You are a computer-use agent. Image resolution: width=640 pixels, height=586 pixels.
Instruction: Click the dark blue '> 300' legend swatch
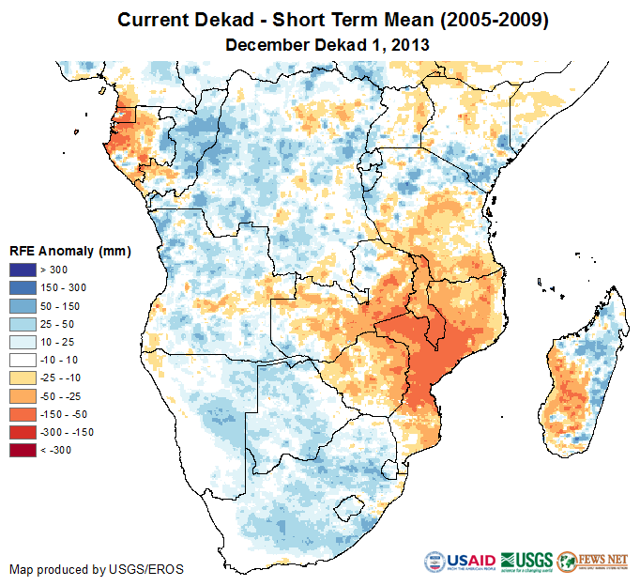click(x=23, y=270)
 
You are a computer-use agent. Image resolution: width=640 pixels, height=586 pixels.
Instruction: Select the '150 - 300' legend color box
click(x=23, y=288)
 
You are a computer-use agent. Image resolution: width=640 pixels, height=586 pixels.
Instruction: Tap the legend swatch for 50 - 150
click(x=23, y=306)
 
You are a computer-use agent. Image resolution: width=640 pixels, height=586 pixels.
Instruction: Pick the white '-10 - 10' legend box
click(x=23, y=360)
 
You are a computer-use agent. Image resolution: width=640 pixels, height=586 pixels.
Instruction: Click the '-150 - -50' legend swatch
click(x=23, y=414)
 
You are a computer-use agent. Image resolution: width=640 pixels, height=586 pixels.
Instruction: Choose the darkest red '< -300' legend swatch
click(x=23, y=450)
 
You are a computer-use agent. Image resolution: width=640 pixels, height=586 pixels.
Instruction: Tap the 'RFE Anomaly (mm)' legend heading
click(x=69, y=252)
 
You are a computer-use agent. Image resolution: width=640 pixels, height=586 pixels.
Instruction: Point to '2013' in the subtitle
click(x=413, y=44)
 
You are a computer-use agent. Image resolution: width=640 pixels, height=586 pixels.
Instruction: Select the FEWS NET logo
click(x=592, y=561)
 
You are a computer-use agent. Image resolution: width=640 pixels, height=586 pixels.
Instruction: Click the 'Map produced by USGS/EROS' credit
click(x=97, y=569)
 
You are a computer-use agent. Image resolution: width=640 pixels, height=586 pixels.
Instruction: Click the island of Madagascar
click(x=582, y=376)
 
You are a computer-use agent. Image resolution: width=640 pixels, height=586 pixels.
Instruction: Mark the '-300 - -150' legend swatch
click(x=23, y=432)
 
